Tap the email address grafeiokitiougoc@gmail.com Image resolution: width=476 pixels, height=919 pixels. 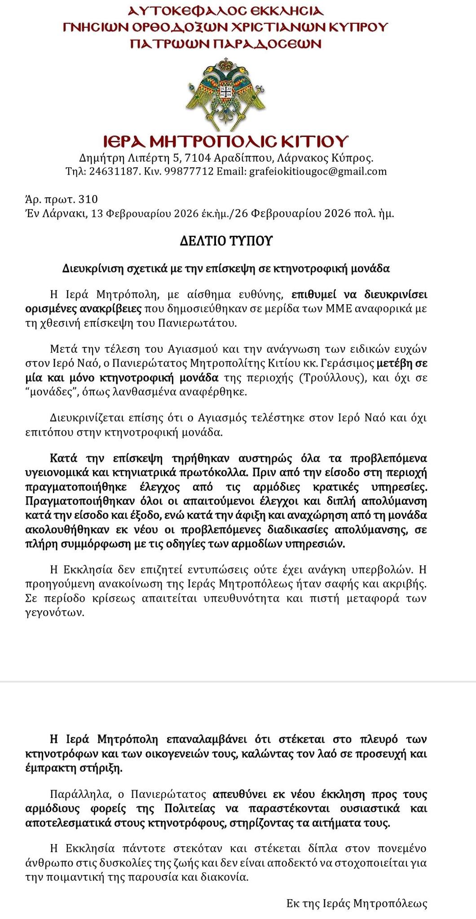click(317, 171)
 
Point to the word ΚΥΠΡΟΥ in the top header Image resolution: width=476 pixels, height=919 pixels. click(359, 27)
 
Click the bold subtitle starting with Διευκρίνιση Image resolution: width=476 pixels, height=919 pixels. click(226, 269)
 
